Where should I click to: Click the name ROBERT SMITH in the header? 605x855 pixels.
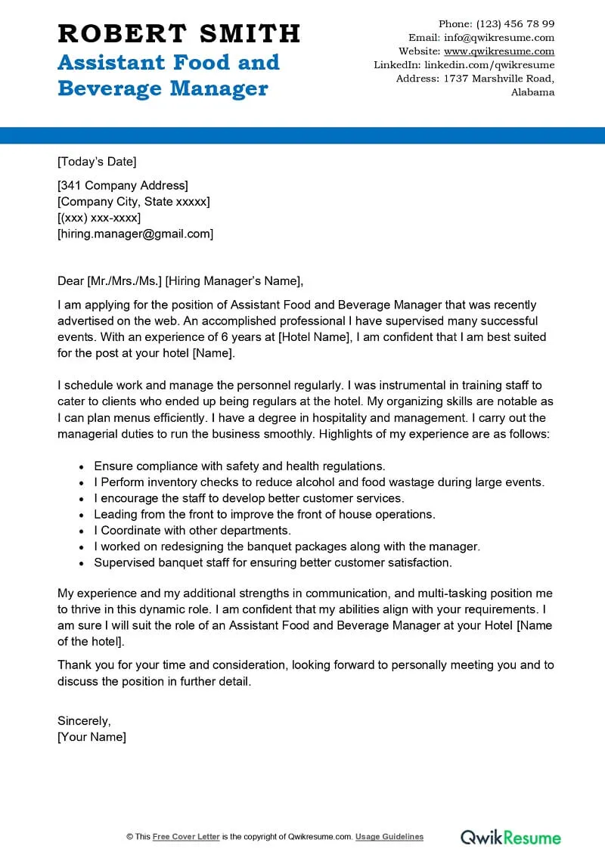[178, 34]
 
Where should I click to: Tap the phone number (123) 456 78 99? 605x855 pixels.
[516, 23]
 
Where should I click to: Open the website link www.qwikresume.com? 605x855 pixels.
[499, 51]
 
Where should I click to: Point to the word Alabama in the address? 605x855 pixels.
[532, 92]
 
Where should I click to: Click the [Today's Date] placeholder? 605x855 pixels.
[97, 161]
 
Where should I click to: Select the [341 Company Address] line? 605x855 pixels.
[123, 185]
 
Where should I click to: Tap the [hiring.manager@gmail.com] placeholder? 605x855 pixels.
[135, 234]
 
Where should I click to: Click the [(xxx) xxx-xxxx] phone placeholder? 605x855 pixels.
[99, 218]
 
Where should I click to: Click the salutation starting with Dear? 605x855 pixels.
[180, 281]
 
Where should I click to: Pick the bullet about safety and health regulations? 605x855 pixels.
[240, 466]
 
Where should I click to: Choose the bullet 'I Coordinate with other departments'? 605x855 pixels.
[192, 530]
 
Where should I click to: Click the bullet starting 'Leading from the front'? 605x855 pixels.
[265, 514]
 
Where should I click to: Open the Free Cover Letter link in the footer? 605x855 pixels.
[186, 837]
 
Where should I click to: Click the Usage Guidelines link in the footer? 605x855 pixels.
[389, 837]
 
